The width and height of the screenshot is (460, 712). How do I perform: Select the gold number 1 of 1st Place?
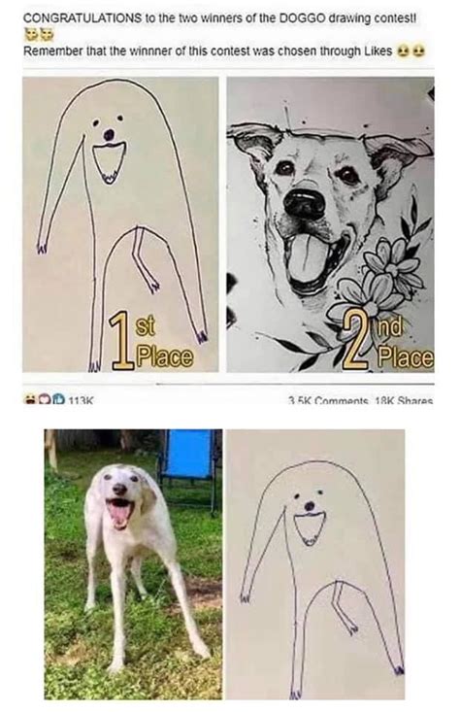click(121, 340)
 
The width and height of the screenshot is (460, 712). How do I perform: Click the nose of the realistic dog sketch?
click(306, 203)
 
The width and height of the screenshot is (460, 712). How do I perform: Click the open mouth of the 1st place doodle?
click(110, 159)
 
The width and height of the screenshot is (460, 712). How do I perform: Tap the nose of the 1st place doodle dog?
click(109, 134)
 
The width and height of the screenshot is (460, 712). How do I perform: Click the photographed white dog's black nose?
click(118, 492)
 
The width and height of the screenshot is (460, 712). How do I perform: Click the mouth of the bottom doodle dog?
click(311, 527)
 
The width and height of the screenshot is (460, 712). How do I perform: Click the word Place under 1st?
click(164, 357)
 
